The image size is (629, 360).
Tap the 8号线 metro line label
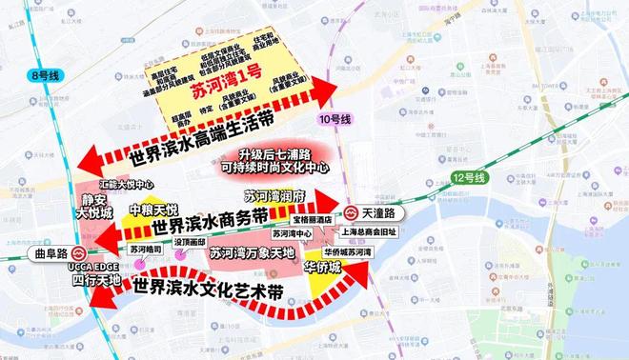click(44, 71)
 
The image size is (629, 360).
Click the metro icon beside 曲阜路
click(74, 251)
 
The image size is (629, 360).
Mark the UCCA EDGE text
click(96, 269)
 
